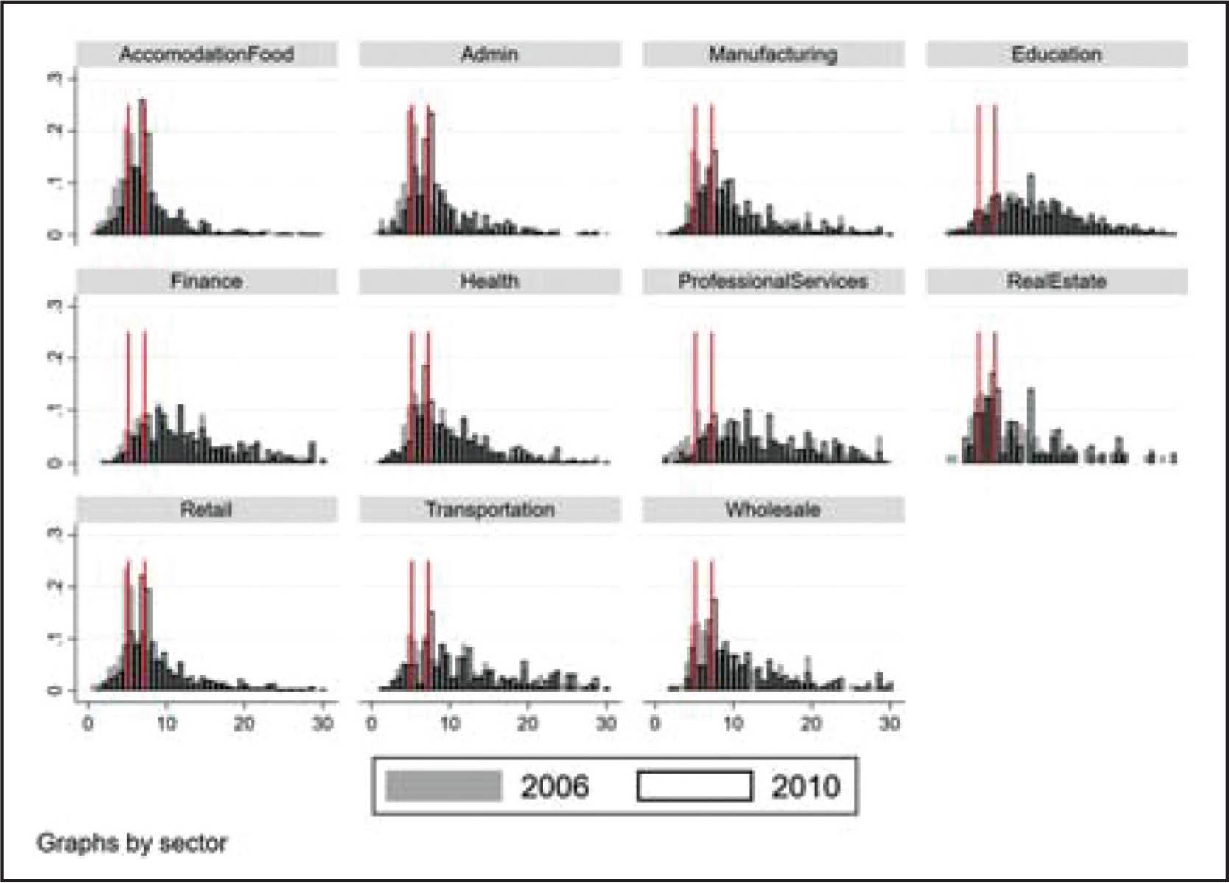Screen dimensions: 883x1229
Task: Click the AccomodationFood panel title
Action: pyautogui.click(x=206, y=54)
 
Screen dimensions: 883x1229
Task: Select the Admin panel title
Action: pyautogui.click(x=489, y=54)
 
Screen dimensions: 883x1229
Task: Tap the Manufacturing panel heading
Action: pyautogui.click(x=773, y=54)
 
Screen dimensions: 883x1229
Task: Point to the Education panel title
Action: pyautogui.click(x=1057, y=54)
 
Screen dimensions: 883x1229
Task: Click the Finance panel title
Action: pyautogui.click(x=206, y=281)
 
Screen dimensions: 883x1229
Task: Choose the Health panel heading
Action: pyautogui.click(x=489, y=281)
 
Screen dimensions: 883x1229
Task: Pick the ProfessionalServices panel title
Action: pyautogui.click(x=773, y=281)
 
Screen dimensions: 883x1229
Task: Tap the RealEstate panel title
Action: pyautogui.click(x=1057, y=281)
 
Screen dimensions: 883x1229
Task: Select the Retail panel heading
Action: pyautogui.click(x=206, y=509)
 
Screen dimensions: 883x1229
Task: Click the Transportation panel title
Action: pyautogui.click(x=489, y=509)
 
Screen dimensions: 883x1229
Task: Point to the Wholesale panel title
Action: pyautogui.click(x=773, y=509)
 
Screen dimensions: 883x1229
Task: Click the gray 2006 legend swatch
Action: pyautogui.click(x=444, y=786)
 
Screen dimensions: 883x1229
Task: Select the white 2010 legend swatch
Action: pyautogui.click(x=694, y=786)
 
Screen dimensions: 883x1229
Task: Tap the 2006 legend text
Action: pyautogui.click(x=555, y=787)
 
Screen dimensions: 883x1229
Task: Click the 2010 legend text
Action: pyautogui.click(x=805, y=787)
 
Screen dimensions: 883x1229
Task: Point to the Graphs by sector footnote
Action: pyautogui.click(x=132, y=842)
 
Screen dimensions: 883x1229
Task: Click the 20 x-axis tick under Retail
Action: pyautogui.click(x=244, y=723)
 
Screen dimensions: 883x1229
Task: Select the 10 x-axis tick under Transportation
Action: pyautogui.click(x=449, y=723)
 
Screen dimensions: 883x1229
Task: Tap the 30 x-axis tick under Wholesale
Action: pyautogui.click(x=889, y=723)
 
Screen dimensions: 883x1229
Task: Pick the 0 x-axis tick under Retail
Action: pyautogui.click(x=88, y=723)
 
